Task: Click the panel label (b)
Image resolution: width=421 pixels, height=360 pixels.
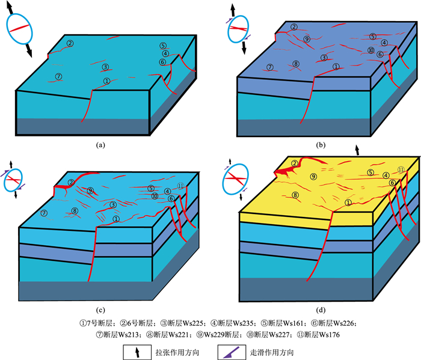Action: (x=321, y=145)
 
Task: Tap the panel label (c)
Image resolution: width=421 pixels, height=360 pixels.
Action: (x=100, y=310)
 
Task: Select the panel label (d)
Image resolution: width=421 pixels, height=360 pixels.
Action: (x=321, y=310)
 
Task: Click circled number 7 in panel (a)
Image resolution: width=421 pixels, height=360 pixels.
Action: (x=58, y=76)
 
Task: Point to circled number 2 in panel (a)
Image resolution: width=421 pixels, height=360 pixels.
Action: (x=70, y=43)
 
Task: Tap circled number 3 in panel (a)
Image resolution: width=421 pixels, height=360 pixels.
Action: (x=105, y=67)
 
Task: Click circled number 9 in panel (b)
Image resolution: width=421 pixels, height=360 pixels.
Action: (x=307, y=39)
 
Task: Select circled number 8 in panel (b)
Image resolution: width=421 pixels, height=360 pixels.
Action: (x=295, y=64)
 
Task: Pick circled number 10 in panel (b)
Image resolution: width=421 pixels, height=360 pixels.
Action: (x=371, y=50)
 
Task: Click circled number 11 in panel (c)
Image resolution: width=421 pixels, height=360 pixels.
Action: (x=180, y=185)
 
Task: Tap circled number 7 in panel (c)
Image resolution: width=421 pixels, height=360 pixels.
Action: (x=43, y=213)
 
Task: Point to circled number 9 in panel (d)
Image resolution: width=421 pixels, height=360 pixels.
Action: (x=313, y=177)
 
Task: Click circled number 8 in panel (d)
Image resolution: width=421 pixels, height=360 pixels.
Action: (x=295, y=195)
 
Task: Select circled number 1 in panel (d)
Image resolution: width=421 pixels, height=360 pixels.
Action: (x=348, y=203)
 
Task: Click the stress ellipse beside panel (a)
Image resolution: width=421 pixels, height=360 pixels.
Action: (x=20, y=29)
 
